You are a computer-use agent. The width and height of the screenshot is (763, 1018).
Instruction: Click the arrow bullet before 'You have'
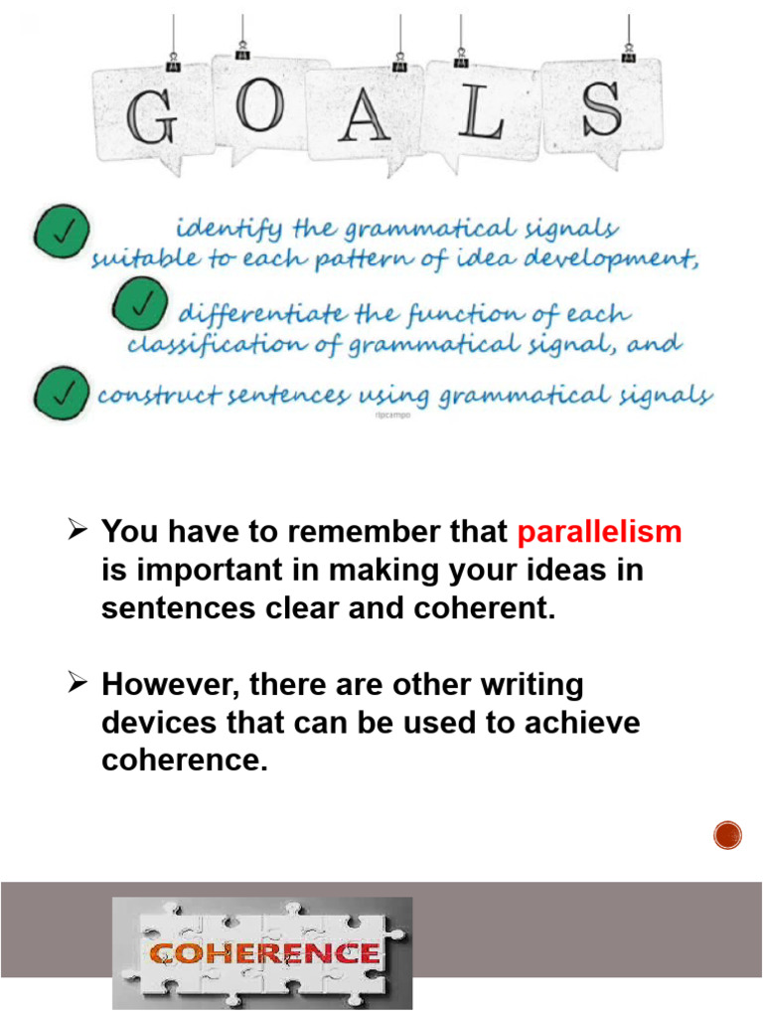[81, 532]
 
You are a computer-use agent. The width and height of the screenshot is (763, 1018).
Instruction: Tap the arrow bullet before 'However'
[81, 685]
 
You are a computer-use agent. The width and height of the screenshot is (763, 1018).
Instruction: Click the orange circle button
[728, 836]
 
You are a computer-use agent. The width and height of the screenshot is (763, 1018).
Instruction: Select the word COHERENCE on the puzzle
[263, 954]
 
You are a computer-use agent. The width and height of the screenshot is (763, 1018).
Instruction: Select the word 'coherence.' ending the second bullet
[186, 761]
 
